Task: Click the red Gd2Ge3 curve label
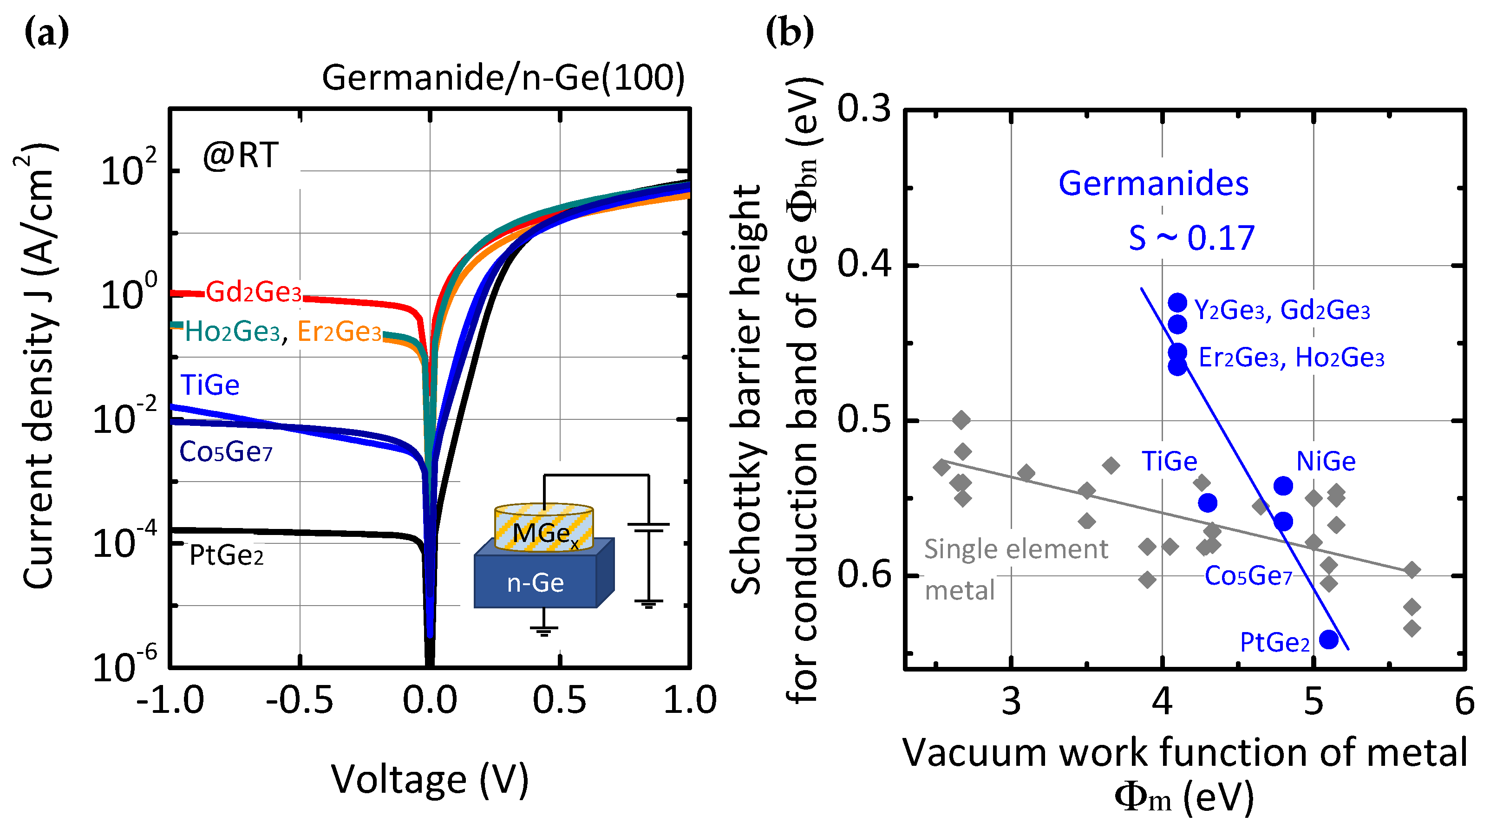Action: coord(253,292)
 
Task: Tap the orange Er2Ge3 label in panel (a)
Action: coord(340,331)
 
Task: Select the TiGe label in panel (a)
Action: coord(209,385)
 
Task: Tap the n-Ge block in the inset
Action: coord(536,582)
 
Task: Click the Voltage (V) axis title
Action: coord(430,779)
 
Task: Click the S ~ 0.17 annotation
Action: coord(1191,238)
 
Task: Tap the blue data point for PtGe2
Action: coord(1329,639)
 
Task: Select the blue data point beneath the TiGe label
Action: coord(1207,503)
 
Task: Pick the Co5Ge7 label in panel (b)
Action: coord(1248,576)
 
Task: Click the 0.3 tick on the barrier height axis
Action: coord(864,108)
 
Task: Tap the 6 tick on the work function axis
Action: coord(1464,701)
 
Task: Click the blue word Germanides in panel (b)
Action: coord(1153,183)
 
